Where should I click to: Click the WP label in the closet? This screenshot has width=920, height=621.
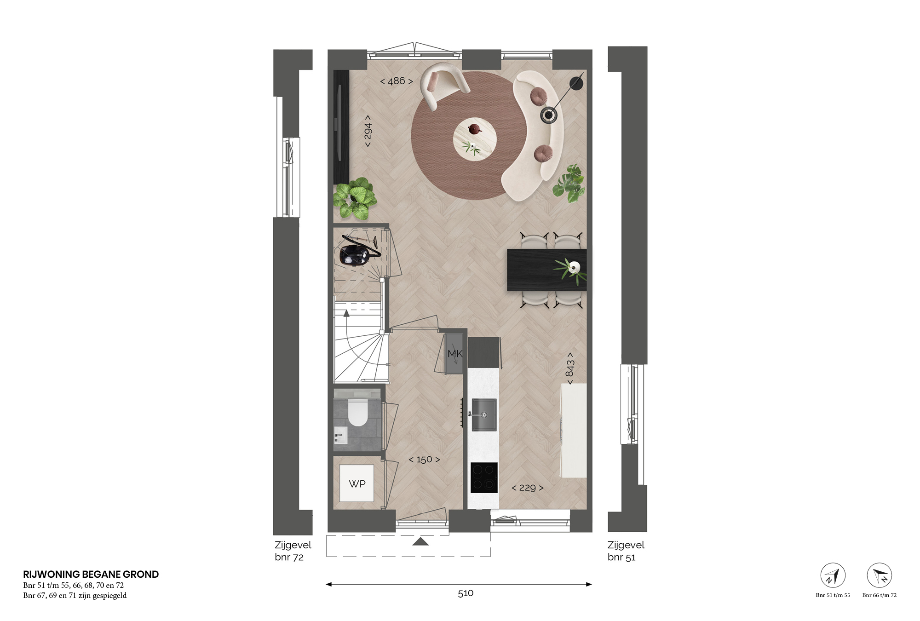[357, 484]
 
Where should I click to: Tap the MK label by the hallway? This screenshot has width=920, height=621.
[455, 354]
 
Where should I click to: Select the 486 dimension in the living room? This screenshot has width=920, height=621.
[397, 81]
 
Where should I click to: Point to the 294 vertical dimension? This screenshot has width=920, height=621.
[368, 131]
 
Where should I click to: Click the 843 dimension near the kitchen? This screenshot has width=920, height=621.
[570, 368]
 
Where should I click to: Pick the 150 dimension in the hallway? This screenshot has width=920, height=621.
[424, 460]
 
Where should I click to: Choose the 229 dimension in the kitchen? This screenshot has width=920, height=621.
[528, 488]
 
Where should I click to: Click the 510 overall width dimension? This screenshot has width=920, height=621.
[466, 593]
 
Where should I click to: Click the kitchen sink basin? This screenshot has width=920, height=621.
[484, 414]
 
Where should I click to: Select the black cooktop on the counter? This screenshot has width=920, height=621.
[484, 477]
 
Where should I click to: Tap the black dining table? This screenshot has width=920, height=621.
[546, 270]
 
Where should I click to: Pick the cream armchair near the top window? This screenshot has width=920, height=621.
[443, 85]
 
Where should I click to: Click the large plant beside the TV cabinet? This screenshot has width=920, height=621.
[355, 198]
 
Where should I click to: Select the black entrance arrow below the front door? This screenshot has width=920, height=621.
[420, 541]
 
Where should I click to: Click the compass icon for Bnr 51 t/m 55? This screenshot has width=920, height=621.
[833, 575]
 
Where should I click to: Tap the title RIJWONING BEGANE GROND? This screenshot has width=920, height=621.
[91, 574]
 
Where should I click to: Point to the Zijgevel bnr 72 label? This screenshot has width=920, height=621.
[293, 551]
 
